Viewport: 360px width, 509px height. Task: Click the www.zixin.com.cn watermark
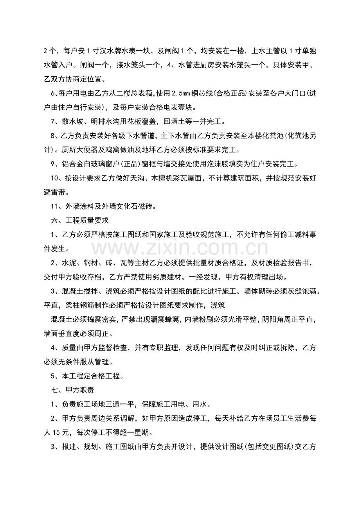[180, 249]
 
